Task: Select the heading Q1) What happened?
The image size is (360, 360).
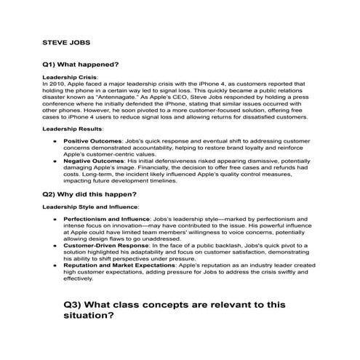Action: click(x=81, y=64)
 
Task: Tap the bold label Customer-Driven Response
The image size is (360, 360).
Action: click(x=105, y=246)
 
